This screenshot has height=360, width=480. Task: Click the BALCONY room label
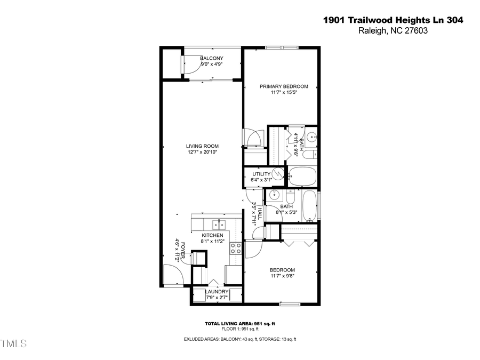pos(211,58)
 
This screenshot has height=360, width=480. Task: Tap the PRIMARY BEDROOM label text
pos(284,86)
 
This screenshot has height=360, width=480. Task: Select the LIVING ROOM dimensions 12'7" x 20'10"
pos(202,152)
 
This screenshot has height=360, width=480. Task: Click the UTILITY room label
pos(261,174)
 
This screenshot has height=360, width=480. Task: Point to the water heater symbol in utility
pos(277,174)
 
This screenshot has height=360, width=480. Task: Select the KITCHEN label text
pos(212,235)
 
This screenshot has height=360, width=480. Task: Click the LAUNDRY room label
pos(217,292)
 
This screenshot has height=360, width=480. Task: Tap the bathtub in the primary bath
pos(301,175)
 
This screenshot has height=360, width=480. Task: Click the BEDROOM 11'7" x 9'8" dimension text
pos(282,276)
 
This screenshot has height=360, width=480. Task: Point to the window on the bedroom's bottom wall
pos(290,304)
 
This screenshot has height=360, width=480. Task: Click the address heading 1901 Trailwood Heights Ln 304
pos(393,20)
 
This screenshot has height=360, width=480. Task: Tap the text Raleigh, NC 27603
pos(393,31)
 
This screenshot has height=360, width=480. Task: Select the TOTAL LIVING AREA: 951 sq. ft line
pos(239,324)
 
